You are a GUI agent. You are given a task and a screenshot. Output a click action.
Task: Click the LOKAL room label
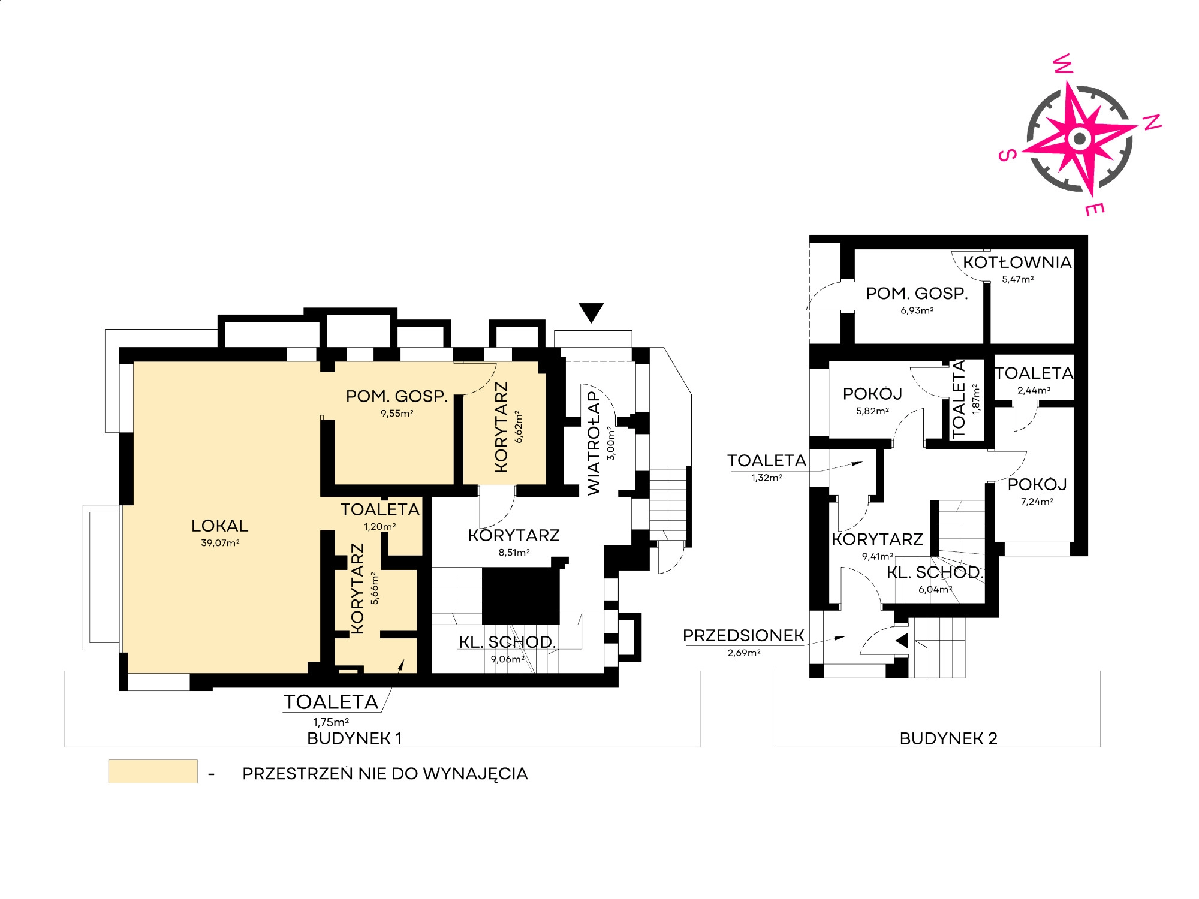point(219,526)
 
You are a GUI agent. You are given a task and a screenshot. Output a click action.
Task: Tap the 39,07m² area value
point(220,543)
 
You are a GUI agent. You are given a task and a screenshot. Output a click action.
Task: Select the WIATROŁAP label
point(594,443)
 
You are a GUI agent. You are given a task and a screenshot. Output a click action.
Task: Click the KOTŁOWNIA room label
point(1017,262)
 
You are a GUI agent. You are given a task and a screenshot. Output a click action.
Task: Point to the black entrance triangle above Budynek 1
point(591,312)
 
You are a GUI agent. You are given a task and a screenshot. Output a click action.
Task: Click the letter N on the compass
point(1152,122)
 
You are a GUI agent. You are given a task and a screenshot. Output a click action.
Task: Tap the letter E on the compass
point(1095,209)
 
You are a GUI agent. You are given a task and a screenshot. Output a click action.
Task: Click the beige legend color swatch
point(153,771)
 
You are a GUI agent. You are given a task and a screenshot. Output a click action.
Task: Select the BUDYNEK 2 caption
point(948,738)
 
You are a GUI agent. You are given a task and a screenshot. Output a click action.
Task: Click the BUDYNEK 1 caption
point(354,738)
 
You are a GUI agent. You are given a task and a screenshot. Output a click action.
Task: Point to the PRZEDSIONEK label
point(743,636)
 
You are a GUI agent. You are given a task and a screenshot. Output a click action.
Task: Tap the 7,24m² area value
point(1037,502)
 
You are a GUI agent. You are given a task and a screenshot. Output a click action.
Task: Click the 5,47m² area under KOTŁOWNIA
point(1018,279)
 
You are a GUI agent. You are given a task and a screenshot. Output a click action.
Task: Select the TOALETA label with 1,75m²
point(331,702)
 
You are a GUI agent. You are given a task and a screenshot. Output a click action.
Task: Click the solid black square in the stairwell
point(521,596)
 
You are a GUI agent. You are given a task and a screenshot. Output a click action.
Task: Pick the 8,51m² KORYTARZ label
point(514,535)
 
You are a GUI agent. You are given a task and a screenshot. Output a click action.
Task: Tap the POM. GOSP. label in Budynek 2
point(917,294)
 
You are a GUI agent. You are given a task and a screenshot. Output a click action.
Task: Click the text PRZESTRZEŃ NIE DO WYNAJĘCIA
point(385,774)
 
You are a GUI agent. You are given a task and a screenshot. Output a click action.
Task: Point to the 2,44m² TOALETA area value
point(1034,390)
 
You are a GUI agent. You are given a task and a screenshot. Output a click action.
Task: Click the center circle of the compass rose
point(1080,139)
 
